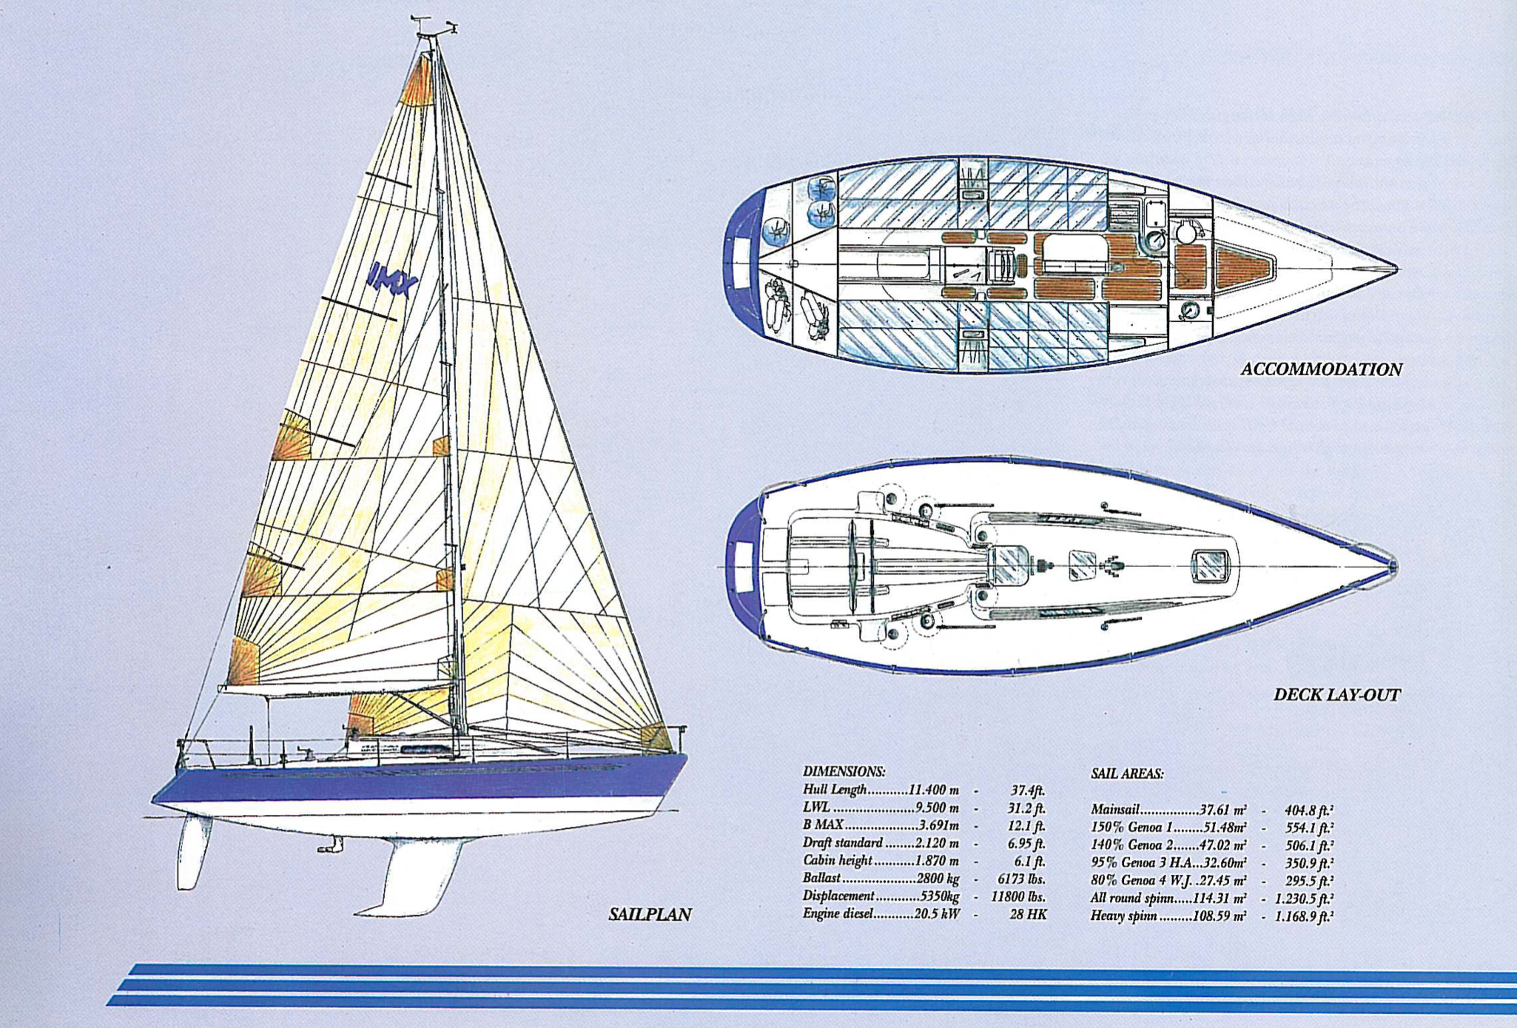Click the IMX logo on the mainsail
click(392, 279)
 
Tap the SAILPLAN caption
click(650, 915)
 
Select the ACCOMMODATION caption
click(1321, 369)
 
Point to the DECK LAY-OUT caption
click(1336, 695)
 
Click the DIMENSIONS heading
click(844, 771)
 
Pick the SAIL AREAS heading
click(1127, 773)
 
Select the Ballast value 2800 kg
click(938, 878)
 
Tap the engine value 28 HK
click(1028, 915)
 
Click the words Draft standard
click(842, 843)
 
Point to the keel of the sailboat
click(414, 877)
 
